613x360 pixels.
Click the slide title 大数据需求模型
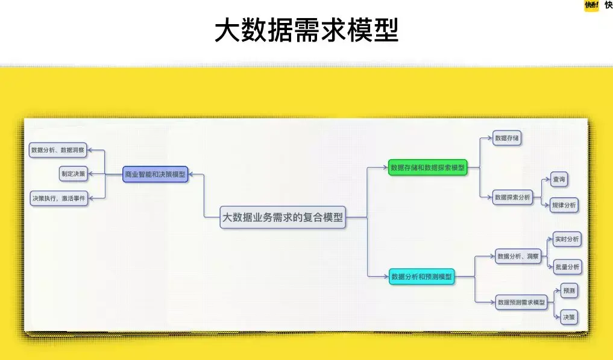pos(306,30)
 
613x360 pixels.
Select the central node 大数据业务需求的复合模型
pos(283,218)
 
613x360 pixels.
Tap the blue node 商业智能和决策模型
pos(155,174)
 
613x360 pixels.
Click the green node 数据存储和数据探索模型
pos(427,168)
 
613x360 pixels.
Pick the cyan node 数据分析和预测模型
pos(421,277)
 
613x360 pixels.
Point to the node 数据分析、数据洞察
pos(58,150)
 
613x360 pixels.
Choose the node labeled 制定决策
pos(73,174)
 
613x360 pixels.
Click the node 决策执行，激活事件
pos(58,198)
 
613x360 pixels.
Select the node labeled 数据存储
pos(506,138)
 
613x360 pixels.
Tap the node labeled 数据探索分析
pos(512,197)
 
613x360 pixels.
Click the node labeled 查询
pos(559,179)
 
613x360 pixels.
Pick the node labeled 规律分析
pos(564,206)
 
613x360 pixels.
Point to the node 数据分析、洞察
pos(517,256)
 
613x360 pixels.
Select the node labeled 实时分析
pos(567,239)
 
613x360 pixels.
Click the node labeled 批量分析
pos(567,266)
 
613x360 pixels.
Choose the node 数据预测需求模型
pos(521,302)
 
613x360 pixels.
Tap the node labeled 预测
pos(568,291)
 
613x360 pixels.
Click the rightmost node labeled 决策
pos(568,317)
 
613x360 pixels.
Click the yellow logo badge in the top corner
pos(591,5)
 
